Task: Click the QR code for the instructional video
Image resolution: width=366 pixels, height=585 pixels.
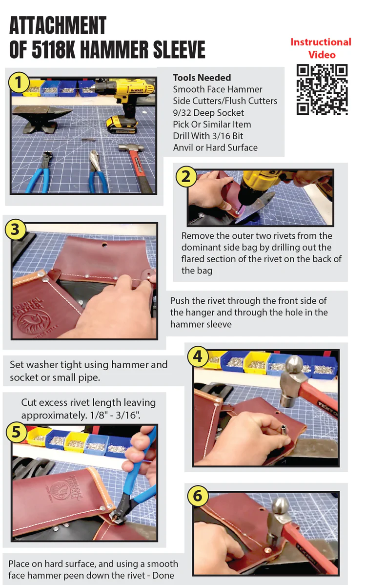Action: [x=322, y=89]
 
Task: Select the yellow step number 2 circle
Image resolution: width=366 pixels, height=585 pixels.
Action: [x=185, y=176]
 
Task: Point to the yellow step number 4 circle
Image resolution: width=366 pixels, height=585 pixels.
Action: [x=198, y=356]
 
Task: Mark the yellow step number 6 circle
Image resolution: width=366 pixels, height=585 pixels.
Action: [x=198, y=496]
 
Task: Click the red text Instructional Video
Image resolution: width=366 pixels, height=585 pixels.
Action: [x=321, y=48]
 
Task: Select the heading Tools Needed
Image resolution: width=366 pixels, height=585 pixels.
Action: [x=202, y=78]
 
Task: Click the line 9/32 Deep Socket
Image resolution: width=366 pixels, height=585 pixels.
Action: [x=208, y=112]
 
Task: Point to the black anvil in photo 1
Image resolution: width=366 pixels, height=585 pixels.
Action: [x=36, y=117]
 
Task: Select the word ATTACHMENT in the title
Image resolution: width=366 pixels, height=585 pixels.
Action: [x=58, y=25]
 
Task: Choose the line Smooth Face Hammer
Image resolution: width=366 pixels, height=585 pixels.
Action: [x=217, y=89]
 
